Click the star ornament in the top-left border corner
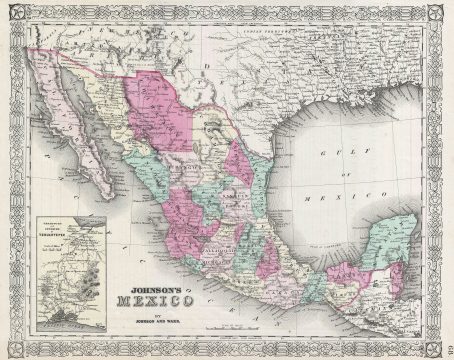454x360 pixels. click(x=12, y=11)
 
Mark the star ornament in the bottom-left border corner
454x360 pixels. click(x=12, y=349)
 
